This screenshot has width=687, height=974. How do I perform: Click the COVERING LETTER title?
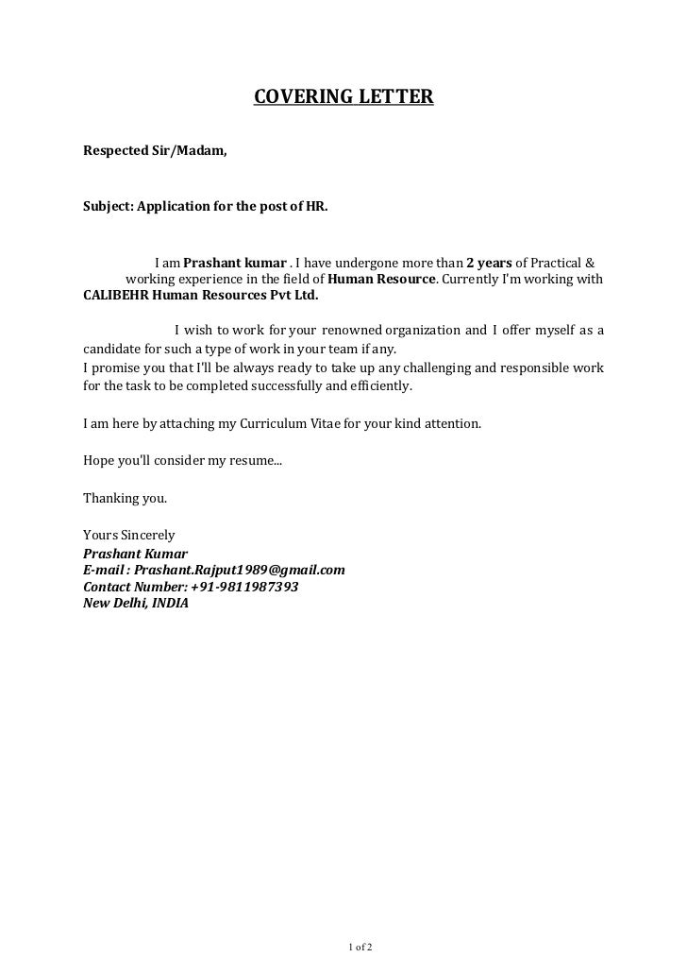343,97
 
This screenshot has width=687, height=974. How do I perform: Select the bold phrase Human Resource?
382,279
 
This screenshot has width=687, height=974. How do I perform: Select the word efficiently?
380,385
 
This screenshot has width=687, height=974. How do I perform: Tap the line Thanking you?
125,497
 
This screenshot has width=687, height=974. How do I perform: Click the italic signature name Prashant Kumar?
136,554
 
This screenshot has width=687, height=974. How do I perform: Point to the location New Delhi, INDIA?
136,603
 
